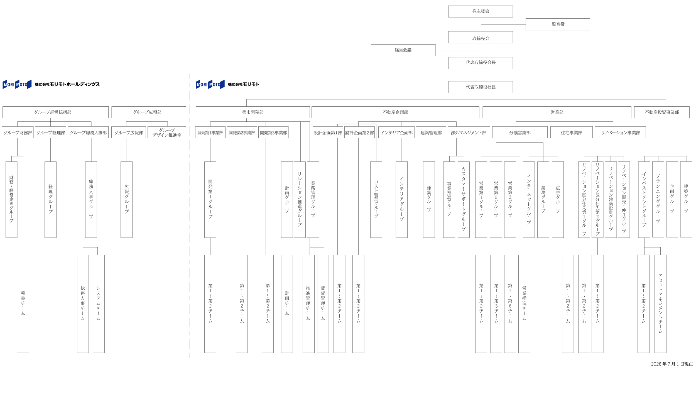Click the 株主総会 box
point(480,11)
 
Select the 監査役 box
point(558,24)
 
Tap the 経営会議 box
point(403,50)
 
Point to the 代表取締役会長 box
point(480,63)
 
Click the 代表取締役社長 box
point(480,87)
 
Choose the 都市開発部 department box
point(253,112)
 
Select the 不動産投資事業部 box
point(662,112)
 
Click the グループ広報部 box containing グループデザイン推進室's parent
point(149,112)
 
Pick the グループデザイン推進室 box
point(167,132)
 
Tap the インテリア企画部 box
point(396,132)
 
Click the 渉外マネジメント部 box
point(469,132)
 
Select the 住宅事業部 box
point(571,132)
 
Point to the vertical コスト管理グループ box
point(376,200)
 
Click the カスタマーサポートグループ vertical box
point(464,200)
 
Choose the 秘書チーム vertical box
point(23,304)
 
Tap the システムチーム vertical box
point(99,304)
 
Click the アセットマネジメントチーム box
point(660,304)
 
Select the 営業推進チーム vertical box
point(524,304)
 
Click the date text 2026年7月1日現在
point(672,364)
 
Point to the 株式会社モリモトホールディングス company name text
point(67,84)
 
